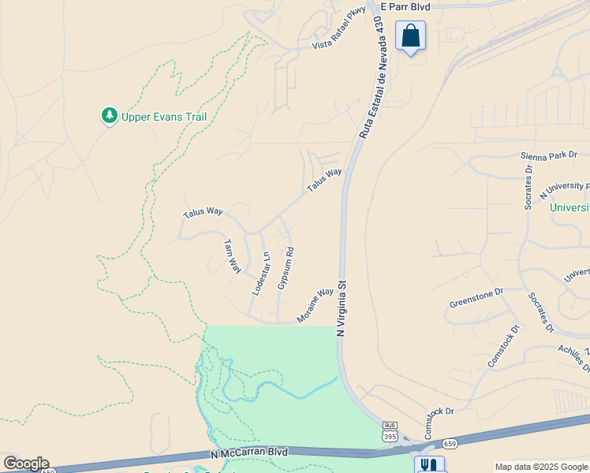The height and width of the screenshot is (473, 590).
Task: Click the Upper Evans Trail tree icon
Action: pyautogui.click(x=110, y=117)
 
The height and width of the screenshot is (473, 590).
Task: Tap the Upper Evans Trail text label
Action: pyautogui.click(x=163, y=117)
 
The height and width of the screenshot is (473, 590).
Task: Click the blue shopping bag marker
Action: pyautogui.click(x=410, y=36)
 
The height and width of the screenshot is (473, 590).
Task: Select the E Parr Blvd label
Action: pyautogui.click(x=405, y=6)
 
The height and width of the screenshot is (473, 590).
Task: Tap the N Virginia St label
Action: pyautogui.click(x=342, y=308)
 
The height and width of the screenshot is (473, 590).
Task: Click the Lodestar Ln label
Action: pyautogui.click(x=261, y=274)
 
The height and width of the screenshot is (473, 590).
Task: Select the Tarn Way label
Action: pyautogui.click(x=232, y=255)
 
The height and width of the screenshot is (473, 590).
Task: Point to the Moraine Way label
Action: pyautogui.click(x=316, y=305)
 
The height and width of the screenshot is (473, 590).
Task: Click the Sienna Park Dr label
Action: pyautogui.click(x=549, y=155)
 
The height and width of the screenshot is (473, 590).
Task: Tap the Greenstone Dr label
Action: pyautogui.click(x=476, y=298)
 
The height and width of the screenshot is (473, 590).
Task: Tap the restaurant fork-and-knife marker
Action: pyautogui.click(x=429, y=465)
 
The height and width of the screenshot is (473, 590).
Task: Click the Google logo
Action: pyautogui.click(x=26, y=464)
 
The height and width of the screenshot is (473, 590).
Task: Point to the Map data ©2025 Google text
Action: pyautogui.click(x=541, y=467)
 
